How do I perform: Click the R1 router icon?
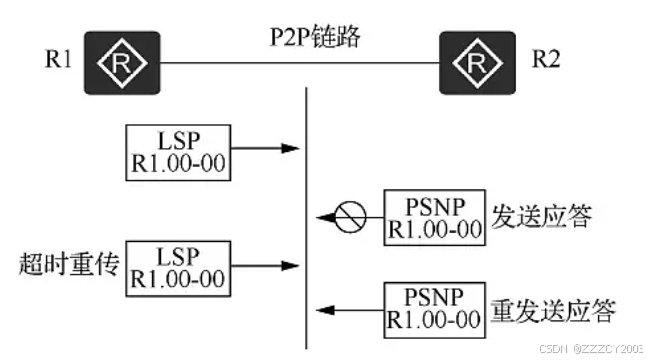(122, 63)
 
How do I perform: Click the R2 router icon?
(477, 63)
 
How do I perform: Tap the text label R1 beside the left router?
(58, 59)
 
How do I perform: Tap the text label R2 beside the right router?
(546, 59)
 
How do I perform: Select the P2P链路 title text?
(315, 36)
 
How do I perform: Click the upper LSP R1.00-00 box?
(178, 153)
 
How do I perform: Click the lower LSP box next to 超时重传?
(178, 268)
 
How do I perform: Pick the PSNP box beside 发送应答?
(434, 218)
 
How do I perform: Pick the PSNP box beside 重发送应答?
(434, 310)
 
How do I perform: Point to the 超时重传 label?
(69, 264)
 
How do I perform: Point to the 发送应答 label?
(542, 216)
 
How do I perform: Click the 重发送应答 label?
(553, 311)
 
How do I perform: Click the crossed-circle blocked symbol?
(350, 217)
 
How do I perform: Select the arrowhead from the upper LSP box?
(290, 148)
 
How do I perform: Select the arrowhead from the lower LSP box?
(290, 265)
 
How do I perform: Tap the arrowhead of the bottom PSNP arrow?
(326, 310)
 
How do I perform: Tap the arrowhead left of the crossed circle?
(326, 217)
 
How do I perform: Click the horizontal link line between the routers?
(300, 63)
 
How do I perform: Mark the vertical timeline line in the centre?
(306, 218)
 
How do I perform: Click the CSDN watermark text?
(591, 349)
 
